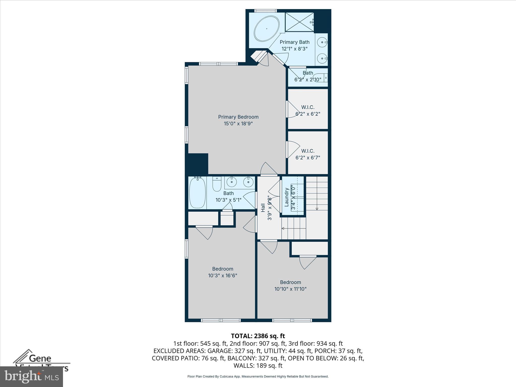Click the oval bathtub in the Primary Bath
[267, 29]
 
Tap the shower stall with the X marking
[299, 22]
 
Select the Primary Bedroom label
[238, 117]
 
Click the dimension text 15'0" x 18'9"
[238, 124]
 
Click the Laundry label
[286, 197]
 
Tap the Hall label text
[263, 208]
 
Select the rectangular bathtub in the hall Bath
[197, 192]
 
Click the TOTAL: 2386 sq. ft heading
[258, 336]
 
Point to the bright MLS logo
[31, 377]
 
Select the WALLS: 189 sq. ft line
[258, 366]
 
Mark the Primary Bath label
[294, 42]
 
